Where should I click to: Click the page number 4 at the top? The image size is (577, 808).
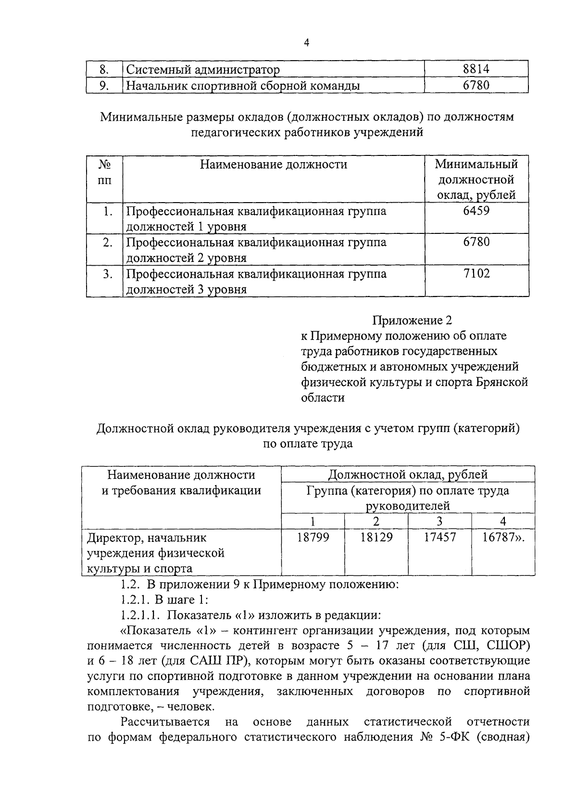pyautogui.click(x=306, y=43)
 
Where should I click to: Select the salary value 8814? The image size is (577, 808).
pyautogui.click(x=476, y=69)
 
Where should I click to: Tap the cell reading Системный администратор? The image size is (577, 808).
pyautogui.click(x=203, y=70)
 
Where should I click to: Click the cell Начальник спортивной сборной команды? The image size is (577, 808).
pyautogui.click(x=243, y=86)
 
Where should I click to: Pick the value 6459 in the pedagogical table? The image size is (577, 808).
pyautogui.click(x=476, y=211)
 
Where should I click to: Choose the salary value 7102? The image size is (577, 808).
pyautogui.click(x=476, y=274)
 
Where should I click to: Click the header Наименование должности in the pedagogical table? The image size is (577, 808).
pyautogui.click(x=273, y=165)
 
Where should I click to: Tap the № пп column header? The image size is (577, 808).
pyautogui.click(x=104, y=172)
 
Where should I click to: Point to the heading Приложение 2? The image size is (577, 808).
pyautogui.click(x=412, y=320)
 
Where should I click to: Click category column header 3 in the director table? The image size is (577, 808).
pyautogui.click(x=439, y=521)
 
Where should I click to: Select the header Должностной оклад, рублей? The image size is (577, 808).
pyautogui.click(x=407, y=475)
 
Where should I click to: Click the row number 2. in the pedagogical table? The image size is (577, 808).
pyautogui.click(x=108, y=243)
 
